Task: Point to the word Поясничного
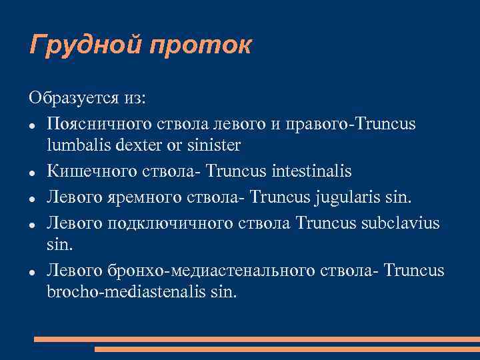pyautogui.click(x=101, y=125)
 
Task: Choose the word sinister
pyautogui.click(x=213, y=144)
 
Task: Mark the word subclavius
pyautogui.click(x=400, y=222)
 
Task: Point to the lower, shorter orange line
pyautogui.click(x=287, y=349)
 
